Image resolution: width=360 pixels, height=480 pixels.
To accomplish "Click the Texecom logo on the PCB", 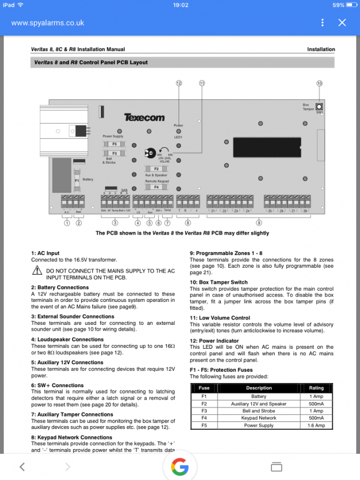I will pyautogui.click(x=144, y=117).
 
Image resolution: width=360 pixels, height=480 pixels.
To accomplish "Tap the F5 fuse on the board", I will pyautogui.click(x=114, y=145).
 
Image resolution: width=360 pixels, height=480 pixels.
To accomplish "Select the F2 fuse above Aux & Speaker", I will pyautogui.click(x=157, y=169).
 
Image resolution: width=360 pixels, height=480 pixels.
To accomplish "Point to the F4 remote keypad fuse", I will pyautogui.click(x=157, y=187).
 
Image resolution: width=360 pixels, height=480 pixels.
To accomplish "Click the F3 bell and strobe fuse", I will pyautogui.click(x=114, y=154).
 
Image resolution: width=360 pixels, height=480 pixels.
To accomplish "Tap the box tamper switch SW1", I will pyautogui.click(x=319, y=106).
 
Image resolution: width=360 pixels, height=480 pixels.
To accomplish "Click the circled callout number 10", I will pyautogui.click(x=319, y=84).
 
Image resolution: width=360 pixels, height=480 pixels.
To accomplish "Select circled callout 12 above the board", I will pyautogui.click(x=179, y=84).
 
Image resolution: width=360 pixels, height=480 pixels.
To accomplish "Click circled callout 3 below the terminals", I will pyautogui.click(x=115, y=223).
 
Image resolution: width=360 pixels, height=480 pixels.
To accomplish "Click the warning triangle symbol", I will pyautogui.click(x=37, y=271).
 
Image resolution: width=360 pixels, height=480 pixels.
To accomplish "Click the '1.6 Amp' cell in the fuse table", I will pyautogui.click(x=316, y=426).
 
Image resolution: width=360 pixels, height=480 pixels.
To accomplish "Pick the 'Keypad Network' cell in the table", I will pyautogui.click(x=259, y=418).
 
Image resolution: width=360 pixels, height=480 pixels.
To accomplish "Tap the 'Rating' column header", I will pyautogui.click(x=316, y=388).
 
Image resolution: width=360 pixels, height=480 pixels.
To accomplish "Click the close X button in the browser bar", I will pyautogui.click(x=342, y=22).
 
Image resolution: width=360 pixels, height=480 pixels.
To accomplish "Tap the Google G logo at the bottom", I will pyautogui.click(x=180, y=467).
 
